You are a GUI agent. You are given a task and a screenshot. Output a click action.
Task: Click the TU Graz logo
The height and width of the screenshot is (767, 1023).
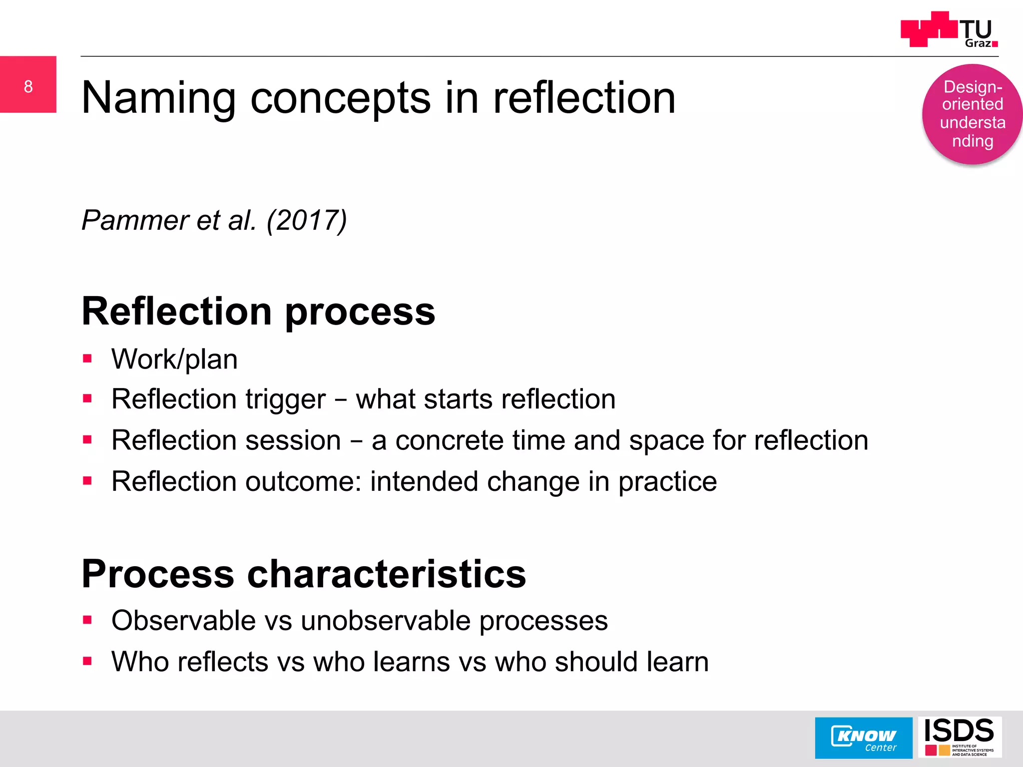pos(949,30)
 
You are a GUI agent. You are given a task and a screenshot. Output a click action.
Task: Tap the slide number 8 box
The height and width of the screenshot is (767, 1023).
pos(28,84)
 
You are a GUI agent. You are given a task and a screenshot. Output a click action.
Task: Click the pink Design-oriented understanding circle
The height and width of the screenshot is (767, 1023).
pos(972,114)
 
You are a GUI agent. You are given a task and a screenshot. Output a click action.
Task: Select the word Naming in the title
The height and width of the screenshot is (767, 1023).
pos(158,98)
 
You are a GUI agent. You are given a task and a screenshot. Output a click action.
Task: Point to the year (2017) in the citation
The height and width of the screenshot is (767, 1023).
pos(307,220)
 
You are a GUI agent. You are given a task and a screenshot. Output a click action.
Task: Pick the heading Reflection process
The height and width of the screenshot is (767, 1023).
pos(258,311)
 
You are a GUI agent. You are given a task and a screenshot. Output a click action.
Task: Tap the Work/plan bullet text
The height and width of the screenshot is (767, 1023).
pos(174,359)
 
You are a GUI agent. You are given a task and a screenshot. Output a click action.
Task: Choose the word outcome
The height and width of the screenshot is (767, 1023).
pos(303,481)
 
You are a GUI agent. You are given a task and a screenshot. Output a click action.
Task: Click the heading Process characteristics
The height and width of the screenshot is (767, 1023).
pos(304,574)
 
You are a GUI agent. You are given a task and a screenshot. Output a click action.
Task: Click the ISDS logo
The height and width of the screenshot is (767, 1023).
pos(960,737)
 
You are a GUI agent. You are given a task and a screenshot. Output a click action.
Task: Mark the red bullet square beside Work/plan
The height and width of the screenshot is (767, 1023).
pos(88,358)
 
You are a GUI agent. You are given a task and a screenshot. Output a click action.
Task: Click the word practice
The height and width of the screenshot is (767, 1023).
pos(667,482)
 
